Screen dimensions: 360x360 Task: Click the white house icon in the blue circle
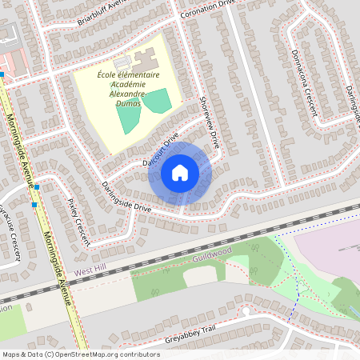180,172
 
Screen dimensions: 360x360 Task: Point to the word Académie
129,85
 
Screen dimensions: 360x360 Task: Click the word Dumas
129,103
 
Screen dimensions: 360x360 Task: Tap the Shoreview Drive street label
209,125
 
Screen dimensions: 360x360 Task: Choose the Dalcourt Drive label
160,150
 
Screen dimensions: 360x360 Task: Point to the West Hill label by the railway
90,272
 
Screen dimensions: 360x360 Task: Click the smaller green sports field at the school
157,101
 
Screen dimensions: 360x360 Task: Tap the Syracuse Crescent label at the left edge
11,233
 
